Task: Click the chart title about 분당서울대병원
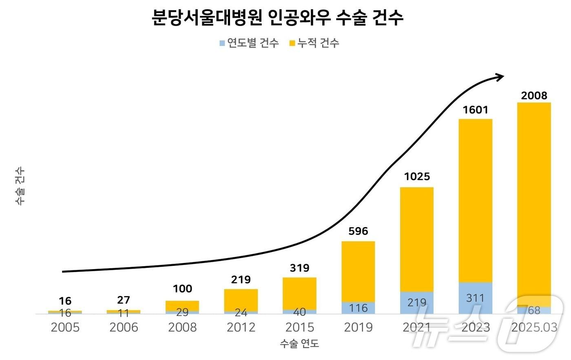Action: coord(277,19)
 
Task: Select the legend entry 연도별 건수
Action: coord(249,43)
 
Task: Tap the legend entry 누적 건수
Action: coord(314,43)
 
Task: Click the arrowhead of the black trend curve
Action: coord(500,77)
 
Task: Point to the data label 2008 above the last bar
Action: coord(534,95)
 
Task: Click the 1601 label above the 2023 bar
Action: coord(475,110)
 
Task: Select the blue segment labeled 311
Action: coord(475,298)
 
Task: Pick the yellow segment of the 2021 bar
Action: coord(416,239)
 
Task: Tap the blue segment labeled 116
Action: coord(358,308)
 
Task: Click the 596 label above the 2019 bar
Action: coord(358,231)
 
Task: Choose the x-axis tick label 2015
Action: coord(299,327)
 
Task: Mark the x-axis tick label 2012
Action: coord(241,327)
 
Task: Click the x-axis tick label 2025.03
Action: coord(534,327)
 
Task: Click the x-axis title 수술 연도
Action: coord(299,344)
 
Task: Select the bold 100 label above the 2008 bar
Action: coord(182,289)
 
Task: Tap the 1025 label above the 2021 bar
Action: coord(417,176)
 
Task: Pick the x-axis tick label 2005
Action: coord(65,327)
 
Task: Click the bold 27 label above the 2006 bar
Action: coord(124,300)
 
